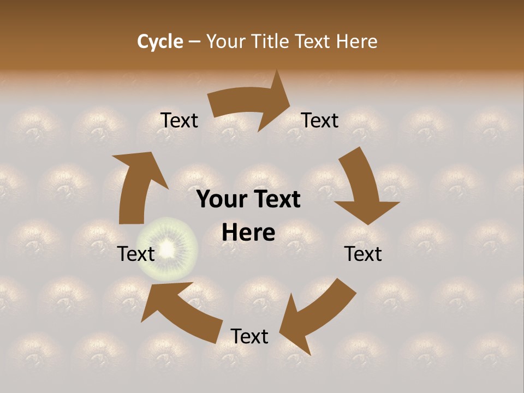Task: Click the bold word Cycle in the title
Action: pyautogui.click(x=160, y=41)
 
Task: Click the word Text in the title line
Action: pyautogui.click(x=313, y=41)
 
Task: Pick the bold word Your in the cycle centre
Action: pyautogui.click(x=222, y=200)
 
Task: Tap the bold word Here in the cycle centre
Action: pyautogui.click(x=248, y=233)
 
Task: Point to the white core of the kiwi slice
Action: pyautogui.click(x=168, y=249)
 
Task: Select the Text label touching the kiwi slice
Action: pyautogui.click(x=136, y=254)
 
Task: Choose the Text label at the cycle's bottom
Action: pyautogui.click(x=249, y=336)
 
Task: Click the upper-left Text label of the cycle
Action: pyautogui.click(x=180, y=121)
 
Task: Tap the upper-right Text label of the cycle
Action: pyautogui.click(x=320, y=121)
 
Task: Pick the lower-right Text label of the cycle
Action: pyautogui.click(x=364, y=254)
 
